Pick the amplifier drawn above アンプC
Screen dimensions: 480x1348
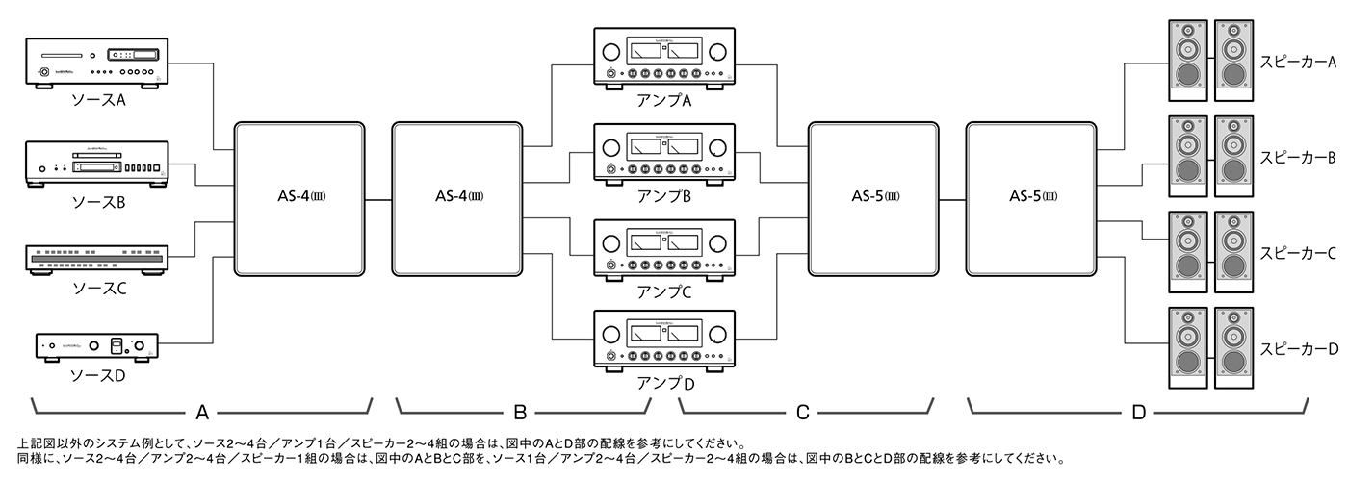pos(664,248)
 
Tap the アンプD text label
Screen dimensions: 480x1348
pos(664,384)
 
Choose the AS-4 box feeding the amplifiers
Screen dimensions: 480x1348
pos(458,198)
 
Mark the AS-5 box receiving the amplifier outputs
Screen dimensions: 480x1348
pos(873,198)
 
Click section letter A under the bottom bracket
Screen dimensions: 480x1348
pos(202,413)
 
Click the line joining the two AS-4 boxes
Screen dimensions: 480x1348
pos(379,199)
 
